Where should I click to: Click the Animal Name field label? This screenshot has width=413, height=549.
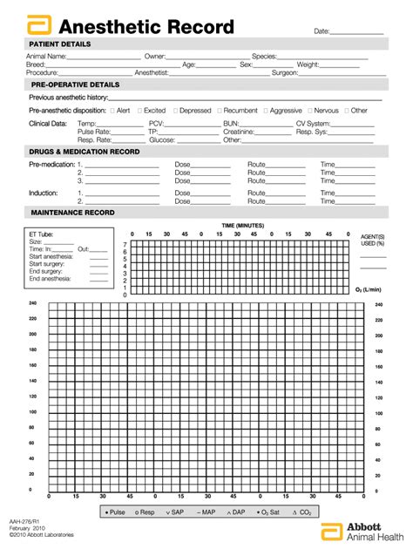46,57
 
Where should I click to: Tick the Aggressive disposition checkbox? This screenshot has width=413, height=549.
265,111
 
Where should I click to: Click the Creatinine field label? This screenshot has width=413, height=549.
240,132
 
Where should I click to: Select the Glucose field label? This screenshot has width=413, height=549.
162,139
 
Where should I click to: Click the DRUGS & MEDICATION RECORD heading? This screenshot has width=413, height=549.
85,152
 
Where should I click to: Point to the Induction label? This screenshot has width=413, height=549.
44,193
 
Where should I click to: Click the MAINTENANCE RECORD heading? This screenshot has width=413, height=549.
72,213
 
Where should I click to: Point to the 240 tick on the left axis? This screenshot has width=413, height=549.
32,303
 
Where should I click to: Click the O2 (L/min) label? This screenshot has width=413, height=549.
370,288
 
